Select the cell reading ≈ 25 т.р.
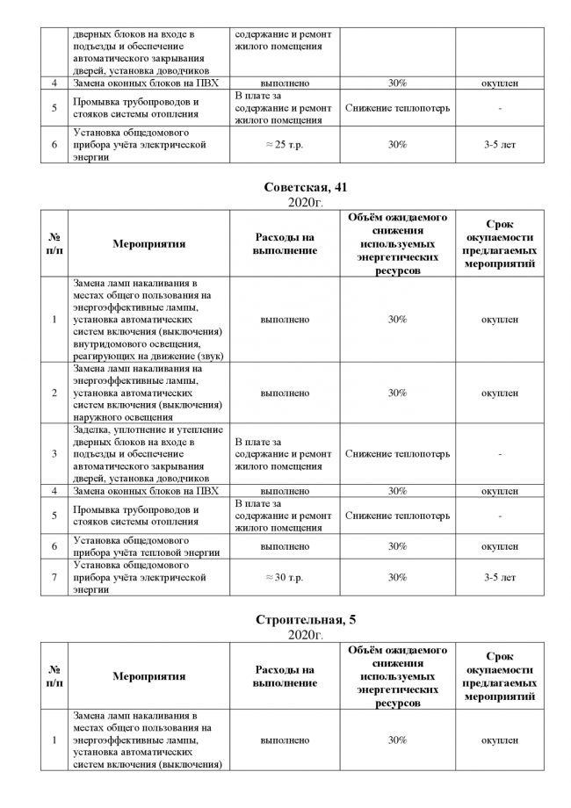285,145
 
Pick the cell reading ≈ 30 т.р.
285,577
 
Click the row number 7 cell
54,577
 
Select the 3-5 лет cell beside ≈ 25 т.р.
500,145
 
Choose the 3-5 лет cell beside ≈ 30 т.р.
500,577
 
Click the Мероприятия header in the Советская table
148,244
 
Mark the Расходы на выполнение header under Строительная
285,676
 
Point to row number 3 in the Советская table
54,454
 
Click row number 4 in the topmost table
54,83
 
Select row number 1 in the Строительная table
54,740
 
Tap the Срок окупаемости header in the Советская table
500,244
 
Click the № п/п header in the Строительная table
54,676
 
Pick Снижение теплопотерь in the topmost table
397,108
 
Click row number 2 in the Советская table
54,393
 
